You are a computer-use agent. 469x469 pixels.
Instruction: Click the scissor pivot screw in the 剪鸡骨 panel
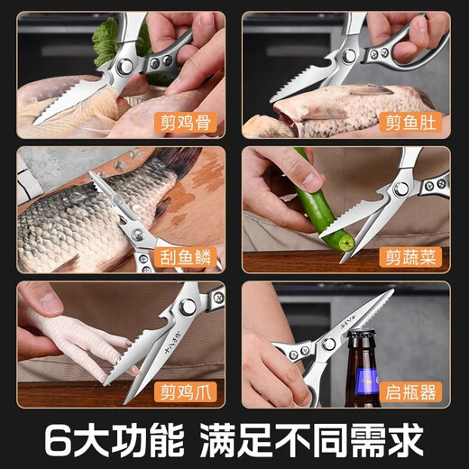pyautogui.click(x=123, y=68)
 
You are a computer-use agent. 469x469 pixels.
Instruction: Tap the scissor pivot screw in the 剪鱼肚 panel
pyautogui.click(x=349, y=58)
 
